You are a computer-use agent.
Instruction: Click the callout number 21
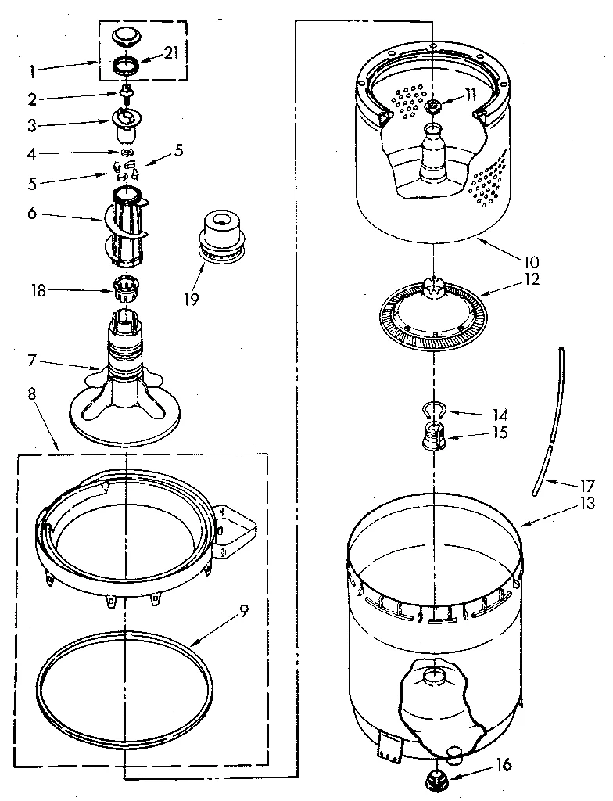pyautogui.click(x=171, y=53)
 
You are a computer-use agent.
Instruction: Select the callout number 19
pyautogui.click(x=191, y=298)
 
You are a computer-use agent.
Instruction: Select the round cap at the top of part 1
pyautogui.click(x=124, y=37)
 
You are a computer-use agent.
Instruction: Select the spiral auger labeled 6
pyautogui.click(x=125, y=224)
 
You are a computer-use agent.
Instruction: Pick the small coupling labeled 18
pyautogui.click(x=124, y=290)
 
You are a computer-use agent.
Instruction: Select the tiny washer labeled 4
pyautogui.click(x=124, y=151)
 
